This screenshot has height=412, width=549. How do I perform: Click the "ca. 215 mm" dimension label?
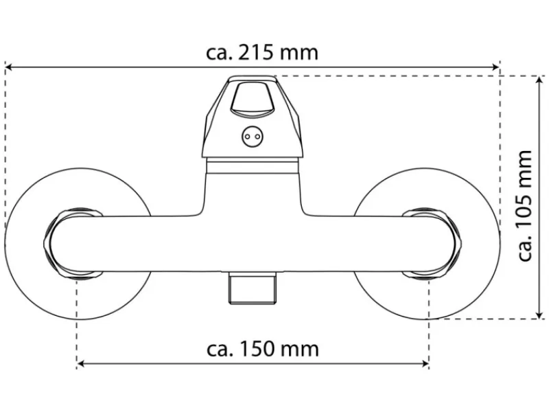tap(262, 53)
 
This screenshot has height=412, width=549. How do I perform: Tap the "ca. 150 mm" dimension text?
tap(263, 349)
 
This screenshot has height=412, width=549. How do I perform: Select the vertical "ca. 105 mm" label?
tap(524, 205)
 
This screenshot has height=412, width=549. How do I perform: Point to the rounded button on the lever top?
tap(252, 98)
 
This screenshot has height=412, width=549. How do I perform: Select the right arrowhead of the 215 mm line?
tap(495, 67)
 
